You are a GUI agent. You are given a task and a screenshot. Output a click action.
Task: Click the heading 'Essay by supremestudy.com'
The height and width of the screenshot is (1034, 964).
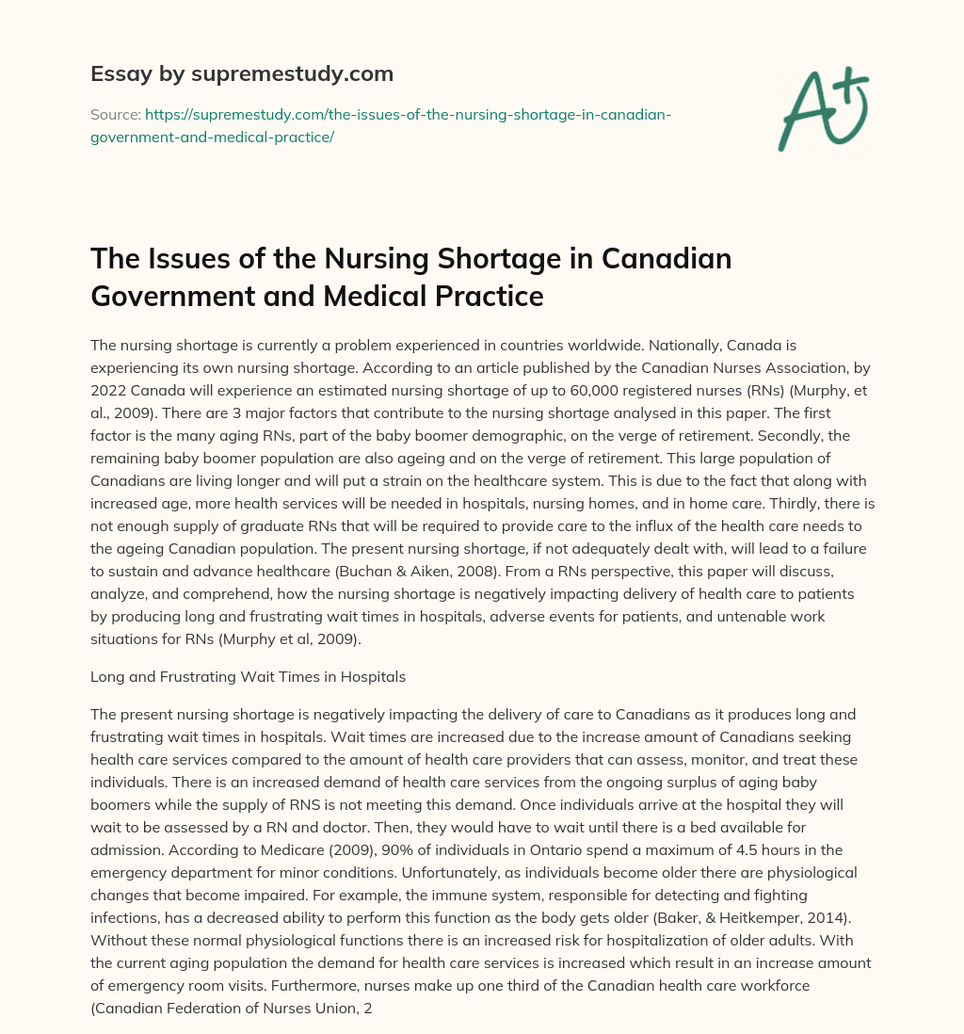tap(242, 73)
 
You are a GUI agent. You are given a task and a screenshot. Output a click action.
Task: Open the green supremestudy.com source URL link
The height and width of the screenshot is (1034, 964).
tap(380, 125)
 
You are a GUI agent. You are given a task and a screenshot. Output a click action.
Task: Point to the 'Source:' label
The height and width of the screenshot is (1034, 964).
tap(115, 114)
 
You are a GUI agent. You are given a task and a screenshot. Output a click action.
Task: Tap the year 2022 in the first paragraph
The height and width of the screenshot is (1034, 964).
tap(110, 390)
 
